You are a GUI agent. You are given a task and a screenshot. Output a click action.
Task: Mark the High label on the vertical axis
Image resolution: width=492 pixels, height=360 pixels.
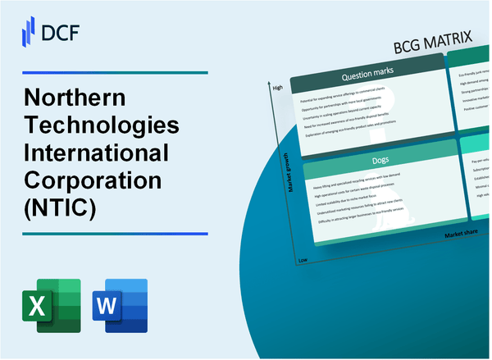277,86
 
